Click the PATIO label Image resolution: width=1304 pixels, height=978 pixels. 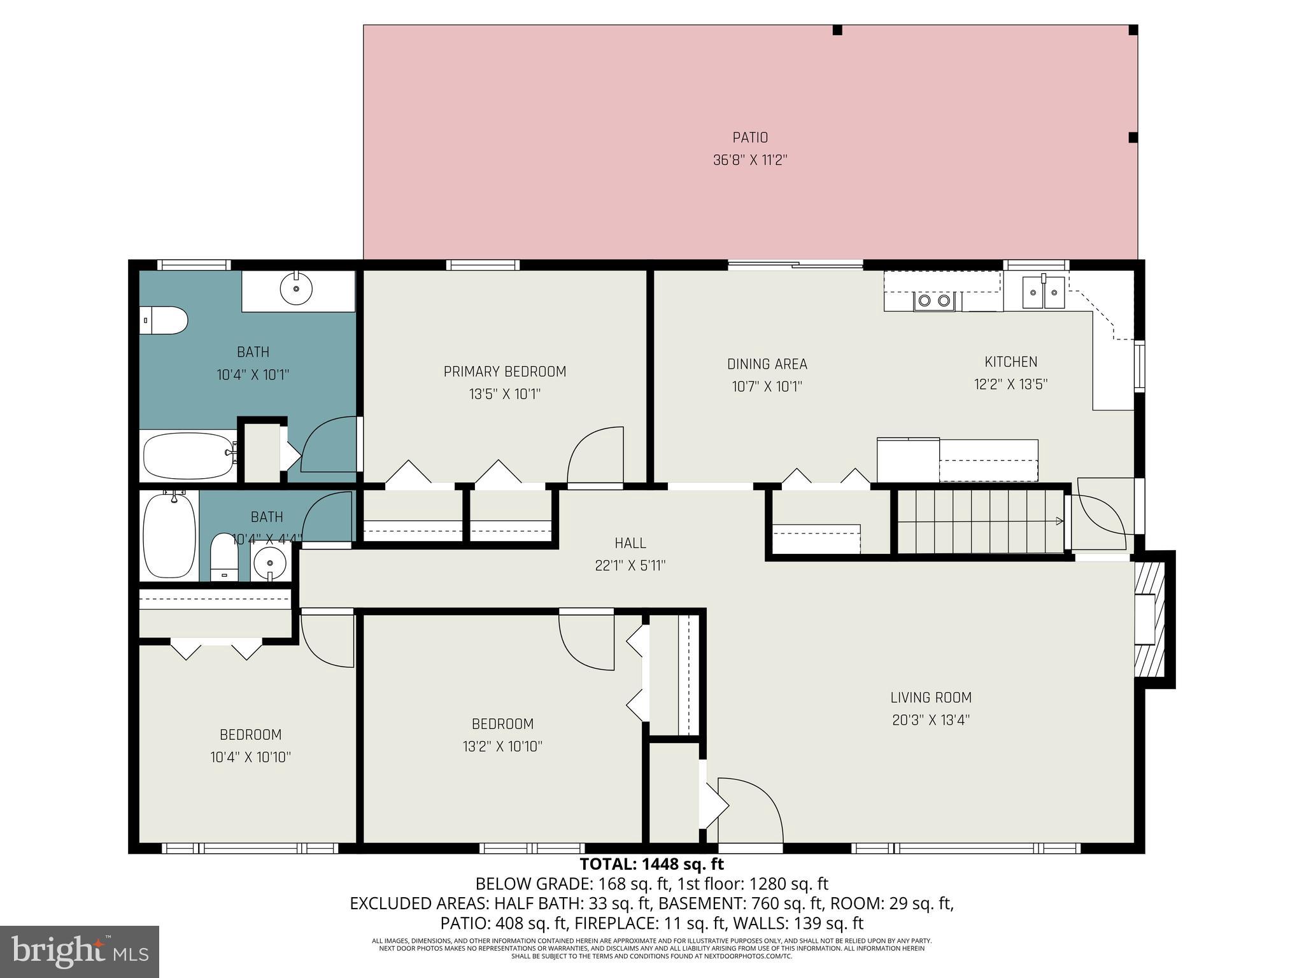click(x=750, y=138)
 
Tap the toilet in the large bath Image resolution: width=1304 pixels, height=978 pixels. click(x=164, y=320)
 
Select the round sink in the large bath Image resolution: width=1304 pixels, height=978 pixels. click(x=296, y=290)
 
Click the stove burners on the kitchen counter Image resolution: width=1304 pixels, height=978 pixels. click(x=934, y=301)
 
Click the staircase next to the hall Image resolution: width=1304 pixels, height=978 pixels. click(x=981, y=521)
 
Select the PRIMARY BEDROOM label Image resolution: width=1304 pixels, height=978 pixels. click(x=504, y=372)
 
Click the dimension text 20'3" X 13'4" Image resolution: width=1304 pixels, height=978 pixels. click(x=930, y=720)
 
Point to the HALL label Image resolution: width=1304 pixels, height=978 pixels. click(x=630, y=543)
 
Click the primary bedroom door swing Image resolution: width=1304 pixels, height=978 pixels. click(x=595, y=457)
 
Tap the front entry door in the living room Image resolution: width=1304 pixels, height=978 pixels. click(x=750, y=812)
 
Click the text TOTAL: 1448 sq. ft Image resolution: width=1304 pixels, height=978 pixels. click(x=651, y=865)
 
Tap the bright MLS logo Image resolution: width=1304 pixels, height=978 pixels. click(x=80, y=952)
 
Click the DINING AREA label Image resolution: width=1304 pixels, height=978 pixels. click(x=767, y=364)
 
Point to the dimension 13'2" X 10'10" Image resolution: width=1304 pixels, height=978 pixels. click(x=502, y=746)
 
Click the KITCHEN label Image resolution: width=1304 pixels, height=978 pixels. click(x=1010, y=362)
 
